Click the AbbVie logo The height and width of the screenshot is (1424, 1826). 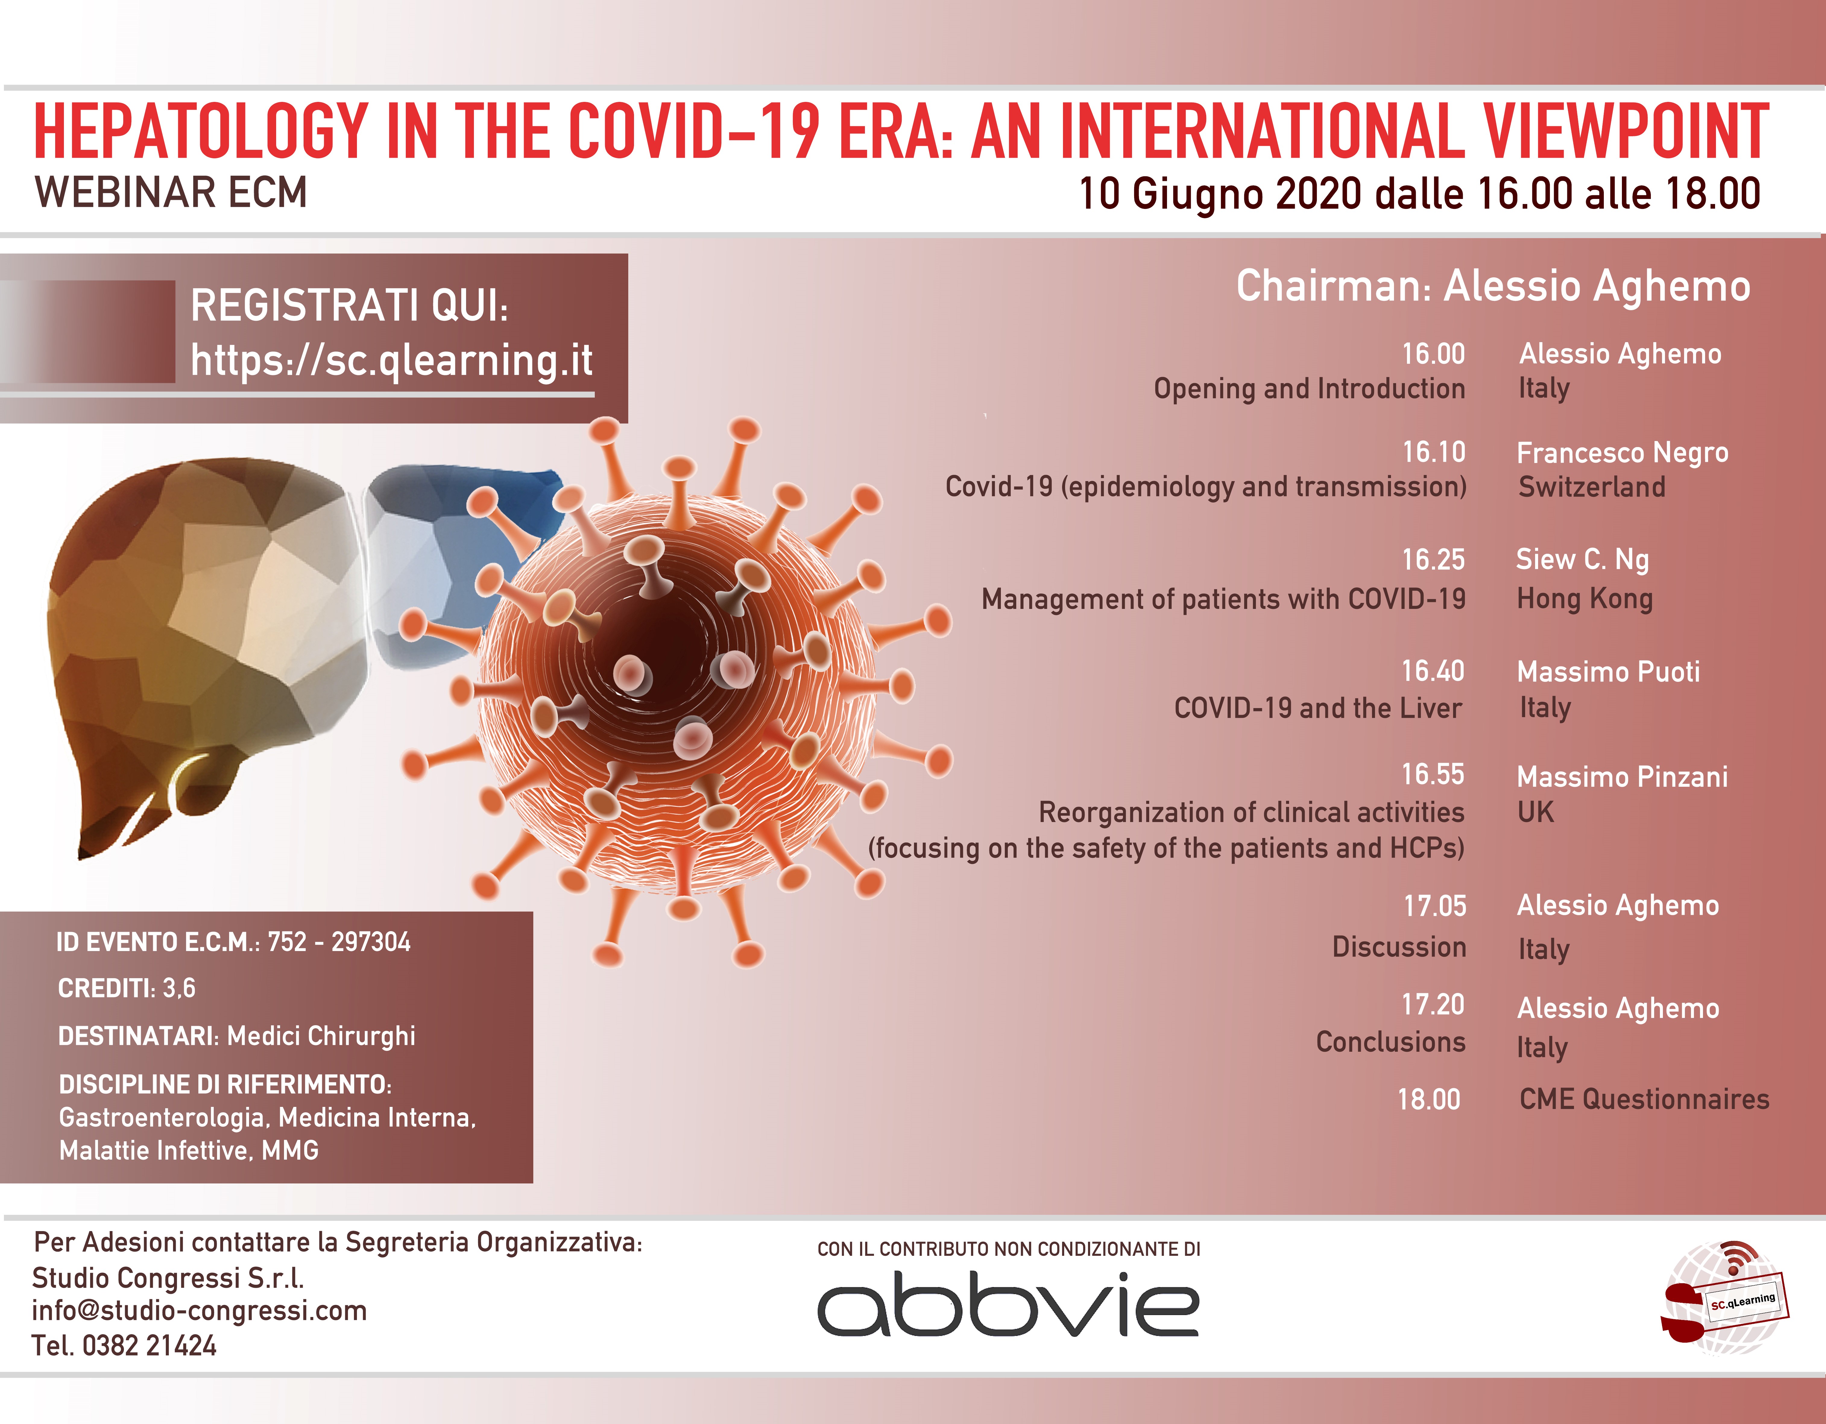click(x=1008, y=1304)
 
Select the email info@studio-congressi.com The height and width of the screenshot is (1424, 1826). click(x=199, y=1310)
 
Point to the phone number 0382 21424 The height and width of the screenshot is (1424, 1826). click(x=149, y=1345)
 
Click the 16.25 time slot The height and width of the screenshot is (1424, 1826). click(x=1433, y=559)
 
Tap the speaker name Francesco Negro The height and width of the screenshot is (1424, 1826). click(x=1622, y=452)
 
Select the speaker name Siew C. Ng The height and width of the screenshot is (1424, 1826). click(x=1582, y=559)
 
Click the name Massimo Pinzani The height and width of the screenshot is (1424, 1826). click(x=1622, y=777)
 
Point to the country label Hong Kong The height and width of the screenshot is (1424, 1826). click(x=1585, y=599)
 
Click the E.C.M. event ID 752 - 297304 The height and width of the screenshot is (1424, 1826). click(x=339, y=942)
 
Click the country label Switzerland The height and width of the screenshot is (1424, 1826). click(x=1591, y=487)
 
